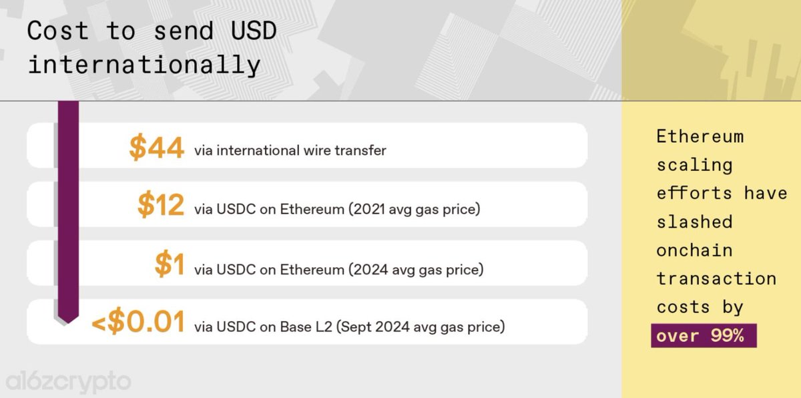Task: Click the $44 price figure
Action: [156, 148]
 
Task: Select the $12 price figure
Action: [160, 206]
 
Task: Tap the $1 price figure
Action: [169, 265]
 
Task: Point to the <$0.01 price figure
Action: [138, 324]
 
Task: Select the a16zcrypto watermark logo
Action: [69, 382]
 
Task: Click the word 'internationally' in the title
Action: [144, 65]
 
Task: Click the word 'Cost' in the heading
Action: [58, 31]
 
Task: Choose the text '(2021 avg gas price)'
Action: [414, 210]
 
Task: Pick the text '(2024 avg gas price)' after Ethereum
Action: [417, 270]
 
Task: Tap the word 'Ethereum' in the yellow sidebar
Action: [700, 136]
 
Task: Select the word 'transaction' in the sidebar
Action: [716, 278]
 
